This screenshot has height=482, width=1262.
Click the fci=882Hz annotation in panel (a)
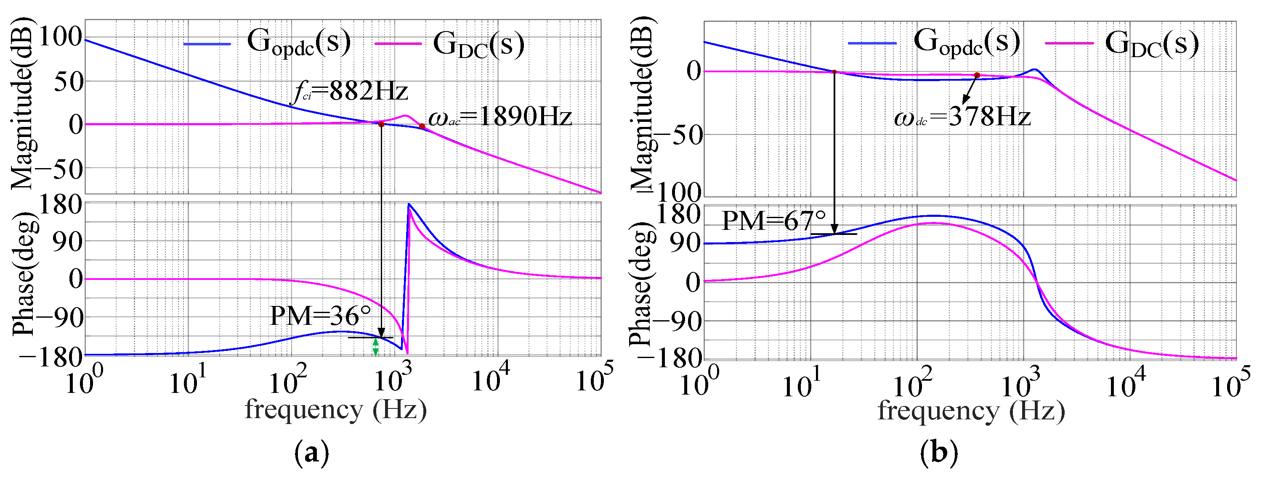[349, 91]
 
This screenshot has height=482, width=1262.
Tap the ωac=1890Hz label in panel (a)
[499, 117]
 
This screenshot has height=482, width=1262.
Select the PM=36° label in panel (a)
[321, 316]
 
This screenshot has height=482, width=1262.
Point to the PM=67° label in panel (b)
[774, 221]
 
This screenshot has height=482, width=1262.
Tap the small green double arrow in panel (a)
[375, 347]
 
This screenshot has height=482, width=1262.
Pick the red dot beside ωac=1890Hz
[422, 126]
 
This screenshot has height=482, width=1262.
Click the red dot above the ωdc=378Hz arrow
[977, 75]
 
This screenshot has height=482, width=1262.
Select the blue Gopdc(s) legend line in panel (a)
[207, 44]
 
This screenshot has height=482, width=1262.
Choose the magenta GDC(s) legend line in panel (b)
[1069, 44]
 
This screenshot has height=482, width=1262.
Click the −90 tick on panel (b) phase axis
[680, 321]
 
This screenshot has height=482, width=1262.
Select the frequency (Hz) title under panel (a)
[335, 410]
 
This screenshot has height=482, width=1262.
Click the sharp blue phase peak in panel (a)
[409, 205]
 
